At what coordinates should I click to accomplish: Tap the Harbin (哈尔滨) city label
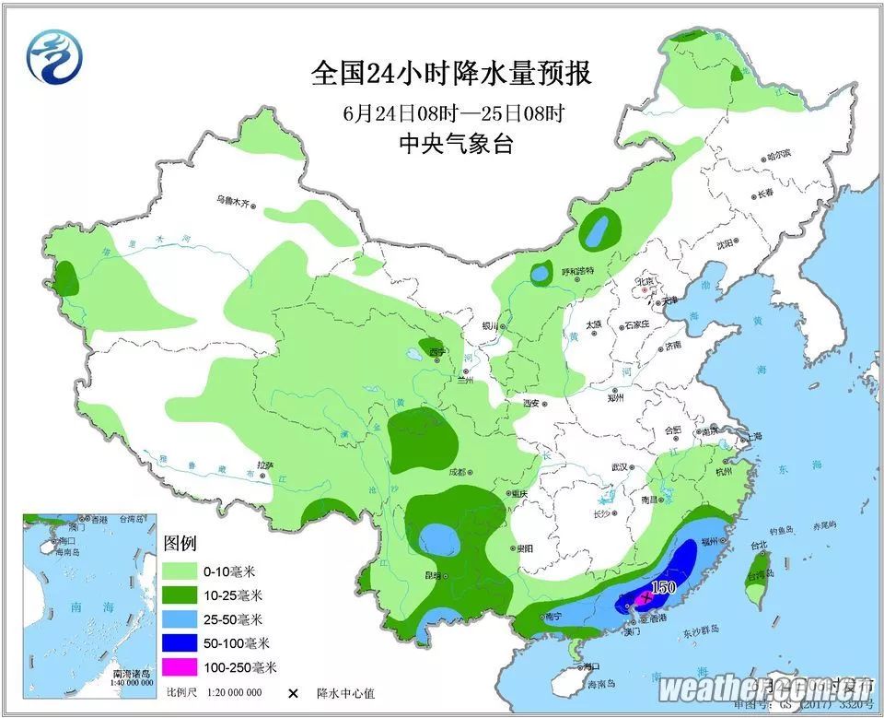(778, 156)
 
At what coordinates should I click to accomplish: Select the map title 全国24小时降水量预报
(451, 73)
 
